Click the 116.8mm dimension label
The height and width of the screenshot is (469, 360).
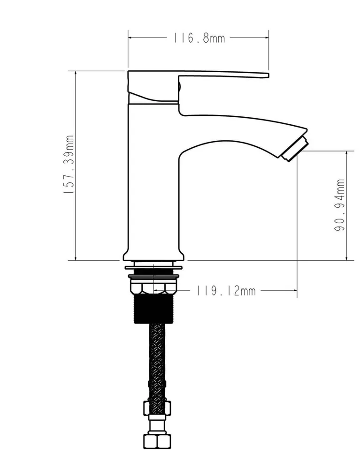tap(199, 38)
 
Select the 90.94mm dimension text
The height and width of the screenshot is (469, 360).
tap(339, 205)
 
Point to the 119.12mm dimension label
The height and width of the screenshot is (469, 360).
tap(226, 291)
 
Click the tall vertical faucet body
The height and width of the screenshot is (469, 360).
tap(153, 180)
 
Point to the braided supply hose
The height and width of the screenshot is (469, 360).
tap(157, 362)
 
